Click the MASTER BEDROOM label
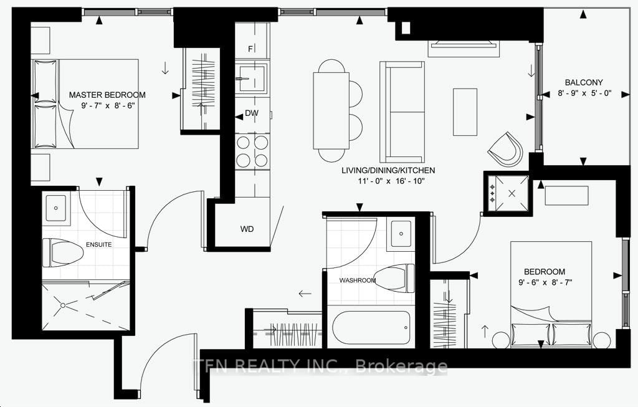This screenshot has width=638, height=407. (x=107, y=95)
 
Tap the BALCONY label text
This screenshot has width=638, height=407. (x=584, y=82)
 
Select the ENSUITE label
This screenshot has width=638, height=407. (x=100, y=244)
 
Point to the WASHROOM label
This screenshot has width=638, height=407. (x=358, y=280)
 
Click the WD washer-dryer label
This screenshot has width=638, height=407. (x=247, y=229)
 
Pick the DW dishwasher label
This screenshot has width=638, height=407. (x=252, y=113)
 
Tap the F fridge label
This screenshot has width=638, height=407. (x=250, y=49)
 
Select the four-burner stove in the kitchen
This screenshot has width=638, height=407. (x=252, y=151)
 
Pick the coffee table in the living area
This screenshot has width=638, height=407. (x=464, y=112)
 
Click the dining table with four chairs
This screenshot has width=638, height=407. (x=331, y=110)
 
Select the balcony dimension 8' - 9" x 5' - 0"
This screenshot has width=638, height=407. (x=585, y=93)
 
